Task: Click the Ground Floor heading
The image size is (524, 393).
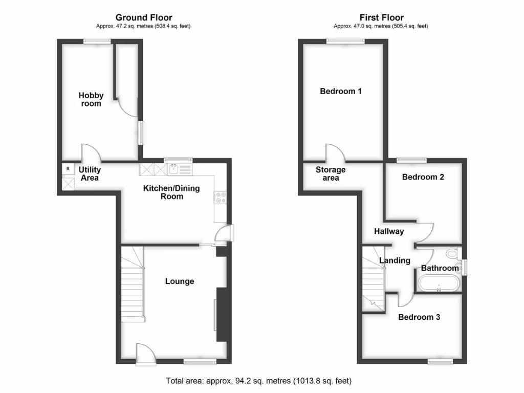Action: click(143, 18)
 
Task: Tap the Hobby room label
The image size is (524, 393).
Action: click(91, 99)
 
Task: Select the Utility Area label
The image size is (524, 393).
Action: click(89, 174)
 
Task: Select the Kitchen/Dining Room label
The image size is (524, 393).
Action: click(171, 192)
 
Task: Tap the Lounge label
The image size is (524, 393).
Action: click(179, 281)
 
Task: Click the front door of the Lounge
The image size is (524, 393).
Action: click(145, 354)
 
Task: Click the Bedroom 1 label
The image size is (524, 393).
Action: click(341, 92)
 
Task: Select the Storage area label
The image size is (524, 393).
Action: click(331, 174)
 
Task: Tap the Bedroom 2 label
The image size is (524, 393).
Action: click(423, 178)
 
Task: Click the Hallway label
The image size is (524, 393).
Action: click(389, 231)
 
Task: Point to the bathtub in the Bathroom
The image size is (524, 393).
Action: click(439, 283)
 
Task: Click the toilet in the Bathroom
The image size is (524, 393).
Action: click(452, 254)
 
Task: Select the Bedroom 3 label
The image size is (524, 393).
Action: click(419, 317)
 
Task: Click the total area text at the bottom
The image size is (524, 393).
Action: click(259, 381)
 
